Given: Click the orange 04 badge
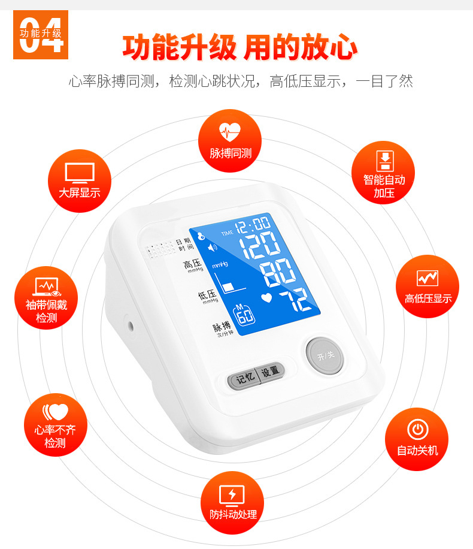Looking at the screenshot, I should click(x=41, y=34).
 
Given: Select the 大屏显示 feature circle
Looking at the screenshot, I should click(x=79, y=180).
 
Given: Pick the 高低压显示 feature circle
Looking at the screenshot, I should click(x=427, y=286).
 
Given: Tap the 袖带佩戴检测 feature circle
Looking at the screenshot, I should click(x=46, y=298).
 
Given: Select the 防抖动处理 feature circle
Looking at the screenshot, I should click(x=232, y=502).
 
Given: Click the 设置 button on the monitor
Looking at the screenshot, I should click(x=271, y=371).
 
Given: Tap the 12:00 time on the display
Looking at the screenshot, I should click(x=252, y=226).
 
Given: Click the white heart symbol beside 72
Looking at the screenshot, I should click(x=268, y=296).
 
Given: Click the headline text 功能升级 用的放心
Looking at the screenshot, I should click(x=239, y=48).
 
